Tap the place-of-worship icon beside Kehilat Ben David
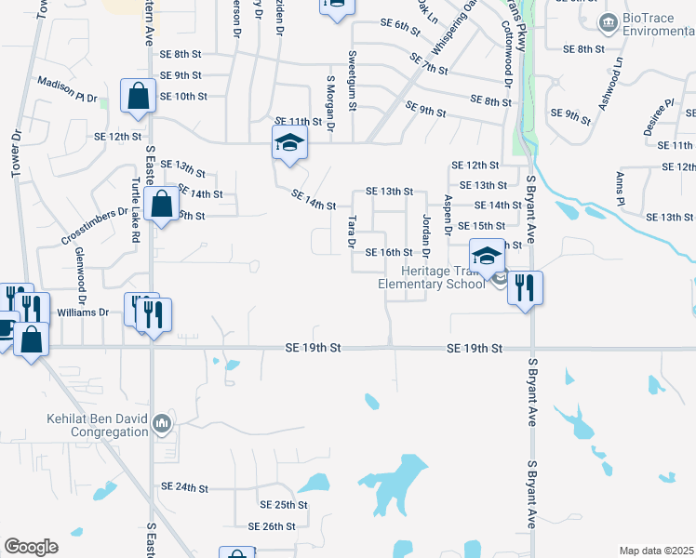pos(162,424)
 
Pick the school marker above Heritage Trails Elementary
pos(485,255)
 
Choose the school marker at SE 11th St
pos(289,143)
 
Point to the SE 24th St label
pos(183,486)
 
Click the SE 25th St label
pos(284,505)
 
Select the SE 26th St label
pos(271,526)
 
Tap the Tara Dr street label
pos(353,232)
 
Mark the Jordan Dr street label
pos(427,236)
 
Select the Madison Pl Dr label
pos(67,89)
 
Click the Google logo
pos(31,547)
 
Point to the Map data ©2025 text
pos(656,551)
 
